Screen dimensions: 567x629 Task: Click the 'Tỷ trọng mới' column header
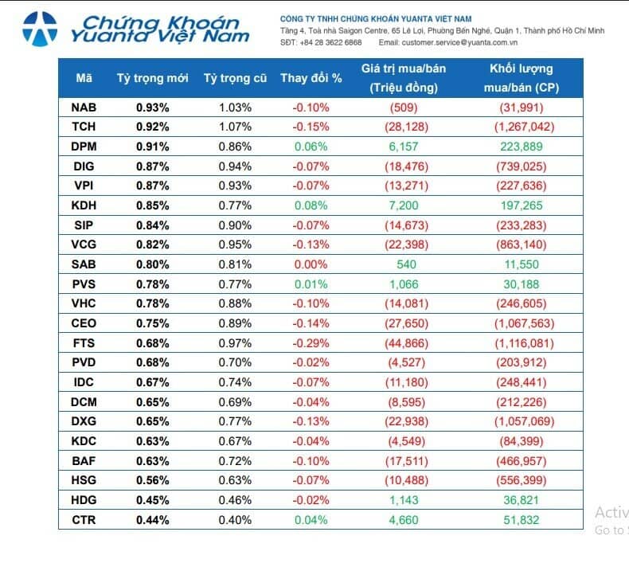pyautogui.click(x=152, y=78)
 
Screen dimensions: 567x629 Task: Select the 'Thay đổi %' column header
pyautogui.click(x=311, y=78)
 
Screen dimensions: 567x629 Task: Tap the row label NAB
pyautogui.click(x=84, y=107)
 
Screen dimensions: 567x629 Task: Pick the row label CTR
pyautogui.click(x=84, y=520)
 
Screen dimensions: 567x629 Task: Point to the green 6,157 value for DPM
pyautogui.click(x=403, y=147)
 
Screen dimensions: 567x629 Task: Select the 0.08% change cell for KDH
pyautogui.click(x=311, y=205)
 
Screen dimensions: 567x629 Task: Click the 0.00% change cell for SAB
pyautogui.click(x=311, y=264)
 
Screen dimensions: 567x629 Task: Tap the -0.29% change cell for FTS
pyautogui.click(x=311, y=343)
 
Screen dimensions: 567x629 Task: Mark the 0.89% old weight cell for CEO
pyautogui.click(x=235, y=323)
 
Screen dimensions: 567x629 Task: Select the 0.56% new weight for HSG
pyautogui.click(x=152, y=481)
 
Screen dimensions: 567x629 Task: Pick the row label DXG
pyautogui.click(x=84, y=422)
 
